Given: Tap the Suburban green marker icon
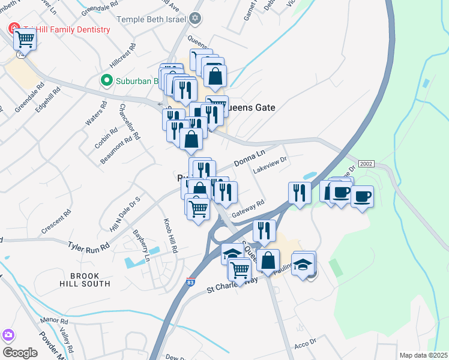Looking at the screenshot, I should click(106, 80).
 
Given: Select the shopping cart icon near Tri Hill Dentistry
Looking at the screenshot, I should click(25, 39).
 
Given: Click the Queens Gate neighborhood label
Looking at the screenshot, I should click(249, 108).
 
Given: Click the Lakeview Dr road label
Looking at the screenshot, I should click(271, 166).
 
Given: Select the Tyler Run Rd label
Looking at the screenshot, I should click(88, 247).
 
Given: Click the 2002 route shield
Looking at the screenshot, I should click(366, 164).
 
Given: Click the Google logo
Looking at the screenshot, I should click(20, 352).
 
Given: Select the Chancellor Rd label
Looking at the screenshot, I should click(130, 122).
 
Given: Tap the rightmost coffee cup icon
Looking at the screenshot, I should click(362, 196).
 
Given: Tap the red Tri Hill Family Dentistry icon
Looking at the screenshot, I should click(12, 29).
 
